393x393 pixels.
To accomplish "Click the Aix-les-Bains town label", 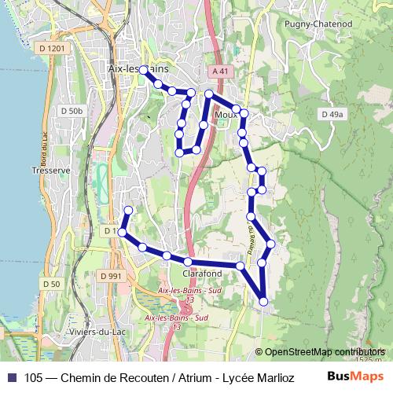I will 132,70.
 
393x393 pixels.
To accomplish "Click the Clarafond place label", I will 202,274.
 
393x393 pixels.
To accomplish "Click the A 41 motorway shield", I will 221,71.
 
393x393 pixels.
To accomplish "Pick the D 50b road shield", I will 71,111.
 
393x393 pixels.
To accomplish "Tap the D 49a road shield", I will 332,115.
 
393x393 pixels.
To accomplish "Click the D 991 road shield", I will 111,276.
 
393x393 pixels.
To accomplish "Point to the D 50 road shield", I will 51,284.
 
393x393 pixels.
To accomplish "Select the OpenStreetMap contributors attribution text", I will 325,351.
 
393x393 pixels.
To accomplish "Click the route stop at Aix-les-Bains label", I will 144,69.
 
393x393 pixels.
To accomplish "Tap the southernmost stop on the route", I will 263,301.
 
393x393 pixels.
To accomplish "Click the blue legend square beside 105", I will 11,377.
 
